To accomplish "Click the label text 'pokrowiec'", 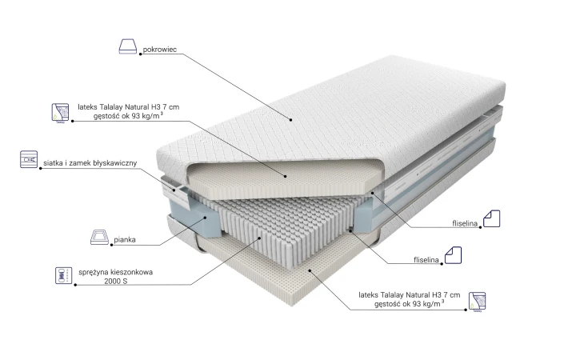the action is [x=159, y=50].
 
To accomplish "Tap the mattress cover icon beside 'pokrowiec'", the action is [x=128, y=46].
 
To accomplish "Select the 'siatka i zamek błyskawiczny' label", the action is [x=90, y=162].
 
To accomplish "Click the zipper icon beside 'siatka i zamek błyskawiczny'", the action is [x=29, y=159].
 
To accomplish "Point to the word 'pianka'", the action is [x=125, y=239].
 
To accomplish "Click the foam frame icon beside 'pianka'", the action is [x=99, y=237].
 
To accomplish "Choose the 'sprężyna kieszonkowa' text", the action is [x=116, y=272].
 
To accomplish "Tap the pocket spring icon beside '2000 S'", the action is [x=63, y=275].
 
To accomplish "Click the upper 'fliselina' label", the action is [x=465, y=223].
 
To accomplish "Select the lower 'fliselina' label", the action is [x=426, y=260].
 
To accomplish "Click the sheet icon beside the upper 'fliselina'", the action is [x=491, y=218].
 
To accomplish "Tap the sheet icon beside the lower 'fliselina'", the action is [x=453, y=255].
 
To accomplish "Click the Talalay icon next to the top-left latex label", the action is [x=60, y=113].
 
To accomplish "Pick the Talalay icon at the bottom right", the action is [x=477, y=302].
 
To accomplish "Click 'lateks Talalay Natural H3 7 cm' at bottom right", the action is [x=410, y=294].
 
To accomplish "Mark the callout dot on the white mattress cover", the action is [x=290, y=119].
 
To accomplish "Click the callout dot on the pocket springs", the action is [x=259, y=238].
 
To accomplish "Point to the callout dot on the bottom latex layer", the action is [x=310, y=270].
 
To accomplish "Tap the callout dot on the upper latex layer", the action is [x=286, y=176].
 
